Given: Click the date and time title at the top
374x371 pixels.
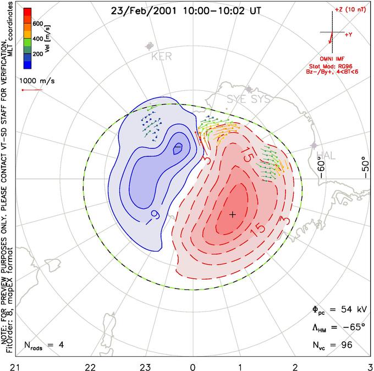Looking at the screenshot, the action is (186, 11).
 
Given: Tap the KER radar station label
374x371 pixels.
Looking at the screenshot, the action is (162, 57).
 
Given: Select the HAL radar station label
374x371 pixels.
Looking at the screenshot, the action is (326, 156).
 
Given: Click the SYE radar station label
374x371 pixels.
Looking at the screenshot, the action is (237, 99).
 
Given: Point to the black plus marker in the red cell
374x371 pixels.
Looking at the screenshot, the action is (233, 215).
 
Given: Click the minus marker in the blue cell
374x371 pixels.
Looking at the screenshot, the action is (178, 147).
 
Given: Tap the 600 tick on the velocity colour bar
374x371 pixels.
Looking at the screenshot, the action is (38, 24).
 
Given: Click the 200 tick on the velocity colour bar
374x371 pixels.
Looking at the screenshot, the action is (38, 54).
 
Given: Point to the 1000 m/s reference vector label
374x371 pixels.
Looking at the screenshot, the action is (37, 81).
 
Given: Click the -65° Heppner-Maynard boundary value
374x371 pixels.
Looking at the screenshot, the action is (354, 327).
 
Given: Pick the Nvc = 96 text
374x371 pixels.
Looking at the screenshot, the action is (333, 345).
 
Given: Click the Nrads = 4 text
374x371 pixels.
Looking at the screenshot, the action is (44, 345).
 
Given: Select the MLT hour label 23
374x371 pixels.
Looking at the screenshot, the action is (145, 367).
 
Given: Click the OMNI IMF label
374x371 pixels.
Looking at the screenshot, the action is (332, 59).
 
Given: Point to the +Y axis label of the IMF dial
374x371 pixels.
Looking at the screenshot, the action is (349, 35).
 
